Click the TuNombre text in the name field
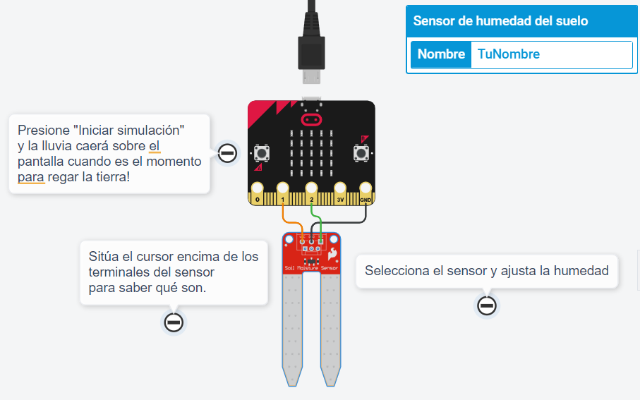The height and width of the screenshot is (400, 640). tap(508, 54)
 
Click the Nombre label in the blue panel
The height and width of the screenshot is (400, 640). tap(441, 54)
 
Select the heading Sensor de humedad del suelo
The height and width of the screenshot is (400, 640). tap(500, 21)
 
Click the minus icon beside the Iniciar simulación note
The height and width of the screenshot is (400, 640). tap(227, 153)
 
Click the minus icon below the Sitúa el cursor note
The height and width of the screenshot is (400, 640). tap(174, 322)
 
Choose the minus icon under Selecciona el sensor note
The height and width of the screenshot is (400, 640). tap(487, 305)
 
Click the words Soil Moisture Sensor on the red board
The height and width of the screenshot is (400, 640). tap(311, 269)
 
